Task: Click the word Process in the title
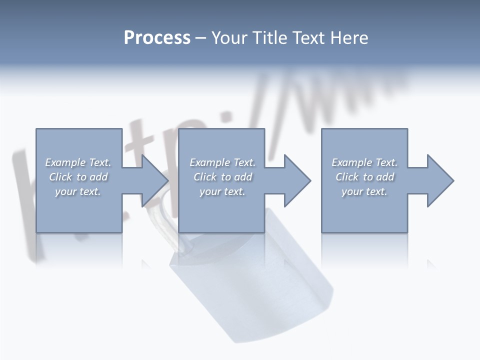157,38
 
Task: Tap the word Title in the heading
271,38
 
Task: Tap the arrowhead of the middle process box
297,180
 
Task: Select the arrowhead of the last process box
440,180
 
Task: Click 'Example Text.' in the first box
78,162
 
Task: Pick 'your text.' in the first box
78,191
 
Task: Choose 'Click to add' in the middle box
222,177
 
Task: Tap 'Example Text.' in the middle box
222,162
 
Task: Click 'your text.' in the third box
364,191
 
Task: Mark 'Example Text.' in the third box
364,162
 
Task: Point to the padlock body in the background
250,285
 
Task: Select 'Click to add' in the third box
364,177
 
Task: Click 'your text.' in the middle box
222,191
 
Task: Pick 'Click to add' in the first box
78,177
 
